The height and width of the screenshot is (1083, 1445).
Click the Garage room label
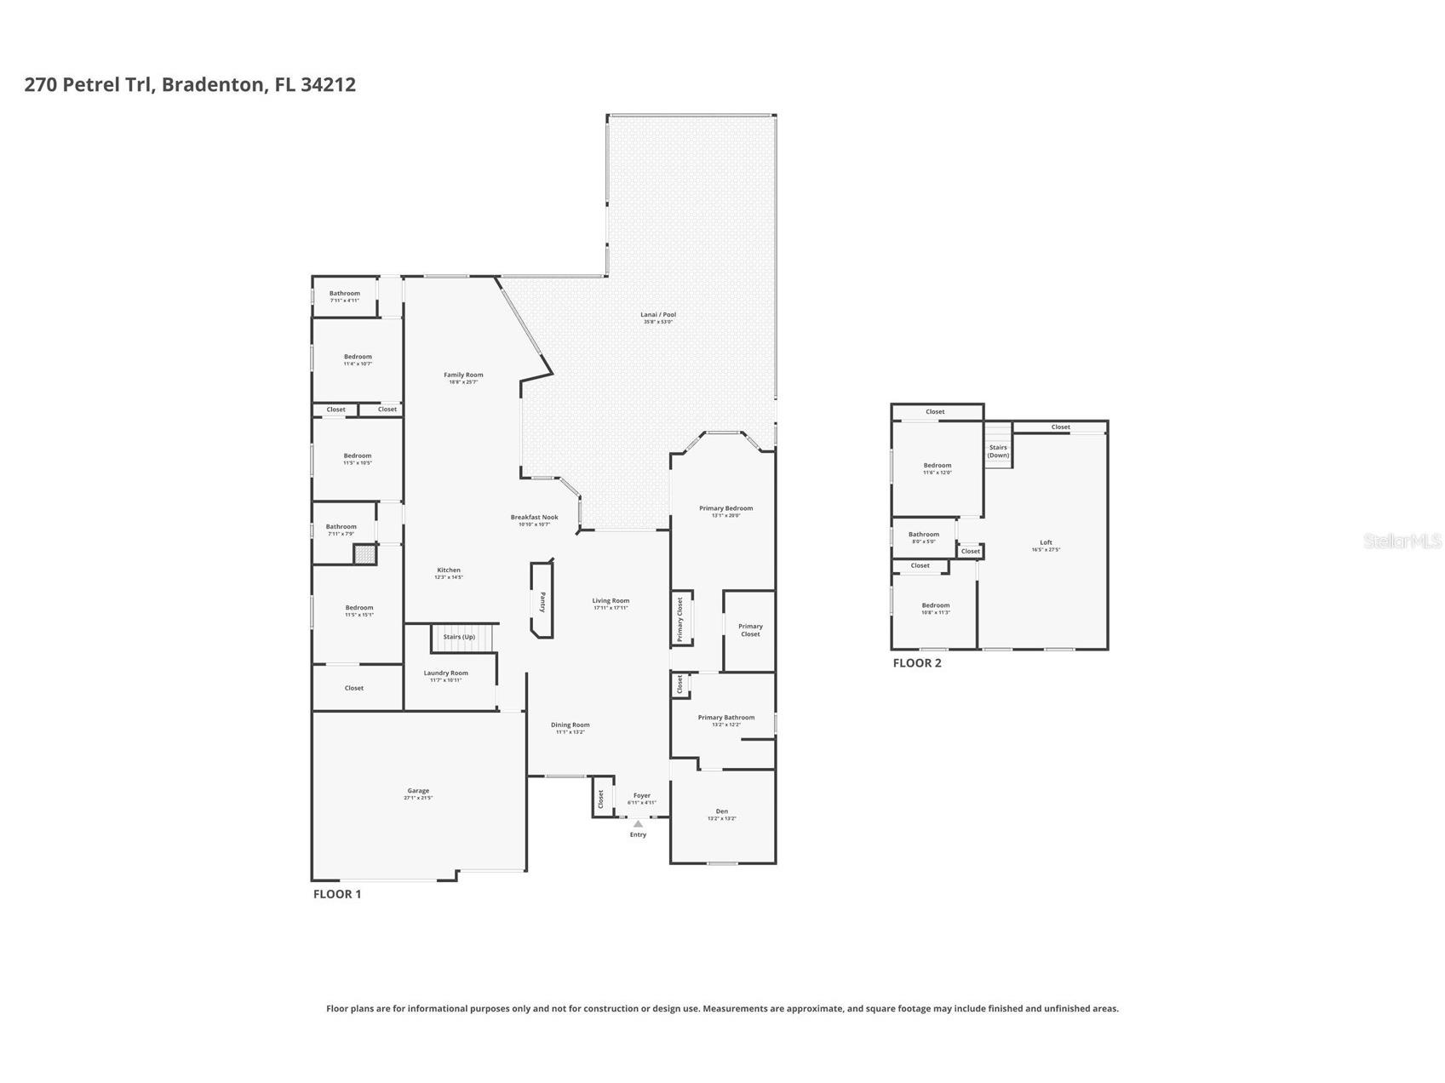coord(418,791)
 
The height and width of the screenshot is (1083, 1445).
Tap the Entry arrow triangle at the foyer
coord(638,824)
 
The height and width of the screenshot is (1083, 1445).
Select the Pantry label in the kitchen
coord(542,602)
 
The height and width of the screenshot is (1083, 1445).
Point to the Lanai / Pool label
coord(658,315)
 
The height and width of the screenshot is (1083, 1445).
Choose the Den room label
coord(722,811)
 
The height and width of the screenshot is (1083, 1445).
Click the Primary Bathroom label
coord(725,718)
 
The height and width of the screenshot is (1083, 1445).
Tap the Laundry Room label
coord(446,673)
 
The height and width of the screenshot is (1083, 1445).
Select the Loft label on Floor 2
coord(1046,542)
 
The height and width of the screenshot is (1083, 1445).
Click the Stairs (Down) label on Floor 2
coord(998,451)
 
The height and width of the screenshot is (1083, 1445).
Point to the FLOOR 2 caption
coord(917,663)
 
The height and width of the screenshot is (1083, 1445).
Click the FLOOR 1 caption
coord(337,894)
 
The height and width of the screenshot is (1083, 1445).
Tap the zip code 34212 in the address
coord(328,84)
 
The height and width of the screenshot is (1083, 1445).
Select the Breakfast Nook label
coord(534,517)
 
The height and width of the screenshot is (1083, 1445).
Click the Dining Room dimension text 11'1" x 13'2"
coord(570,732)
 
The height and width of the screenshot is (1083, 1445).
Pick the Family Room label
coord(463,375)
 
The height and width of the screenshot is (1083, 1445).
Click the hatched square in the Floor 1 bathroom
coord(364,555)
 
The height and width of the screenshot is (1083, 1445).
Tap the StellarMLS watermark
coord(1402,541)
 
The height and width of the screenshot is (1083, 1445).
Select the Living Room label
coord(611,601)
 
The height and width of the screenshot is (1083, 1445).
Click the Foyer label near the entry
coord(642,796)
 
